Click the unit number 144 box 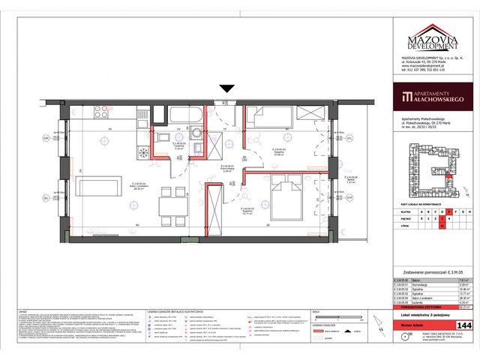coord(463,325)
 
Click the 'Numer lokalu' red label coord(424,325)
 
